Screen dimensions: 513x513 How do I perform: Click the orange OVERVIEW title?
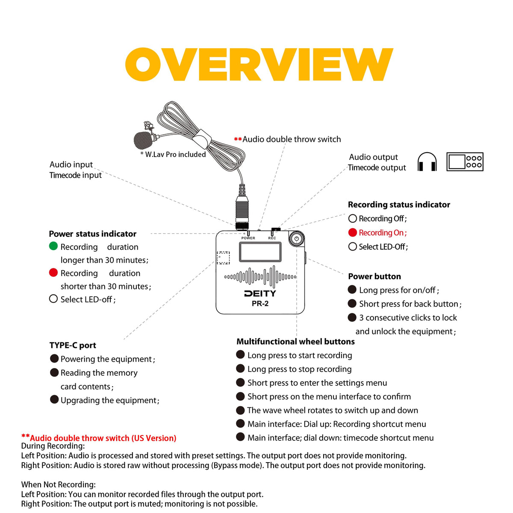[259, 64]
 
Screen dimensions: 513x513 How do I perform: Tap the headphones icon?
[427, 162]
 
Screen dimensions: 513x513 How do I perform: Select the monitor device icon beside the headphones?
[465, 162]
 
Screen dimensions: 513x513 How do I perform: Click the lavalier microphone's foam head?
[143, 139]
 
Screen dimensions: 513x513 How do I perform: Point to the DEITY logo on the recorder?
[260, 294]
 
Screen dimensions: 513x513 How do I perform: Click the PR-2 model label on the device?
[260, 304]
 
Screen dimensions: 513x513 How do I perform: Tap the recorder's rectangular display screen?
[260, 252]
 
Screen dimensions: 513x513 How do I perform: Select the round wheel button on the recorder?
[296, 239]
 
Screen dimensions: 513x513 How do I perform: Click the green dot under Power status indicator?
[53, 246]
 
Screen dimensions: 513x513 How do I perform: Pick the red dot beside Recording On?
[353, 233]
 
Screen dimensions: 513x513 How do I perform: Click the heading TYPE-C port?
[73, 345]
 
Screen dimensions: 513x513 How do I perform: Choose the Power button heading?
[374, 277]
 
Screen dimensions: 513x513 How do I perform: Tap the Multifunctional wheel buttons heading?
[295, 342]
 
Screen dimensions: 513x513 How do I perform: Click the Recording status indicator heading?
[399, 205]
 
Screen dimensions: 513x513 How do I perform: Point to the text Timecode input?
[76, 175]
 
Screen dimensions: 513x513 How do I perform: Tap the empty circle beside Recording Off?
[353, 218]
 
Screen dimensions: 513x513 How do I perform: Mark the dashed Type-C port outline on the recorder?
[223, 258]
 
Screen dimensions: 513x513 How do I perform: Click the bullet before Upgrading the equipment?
[54, 399]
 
